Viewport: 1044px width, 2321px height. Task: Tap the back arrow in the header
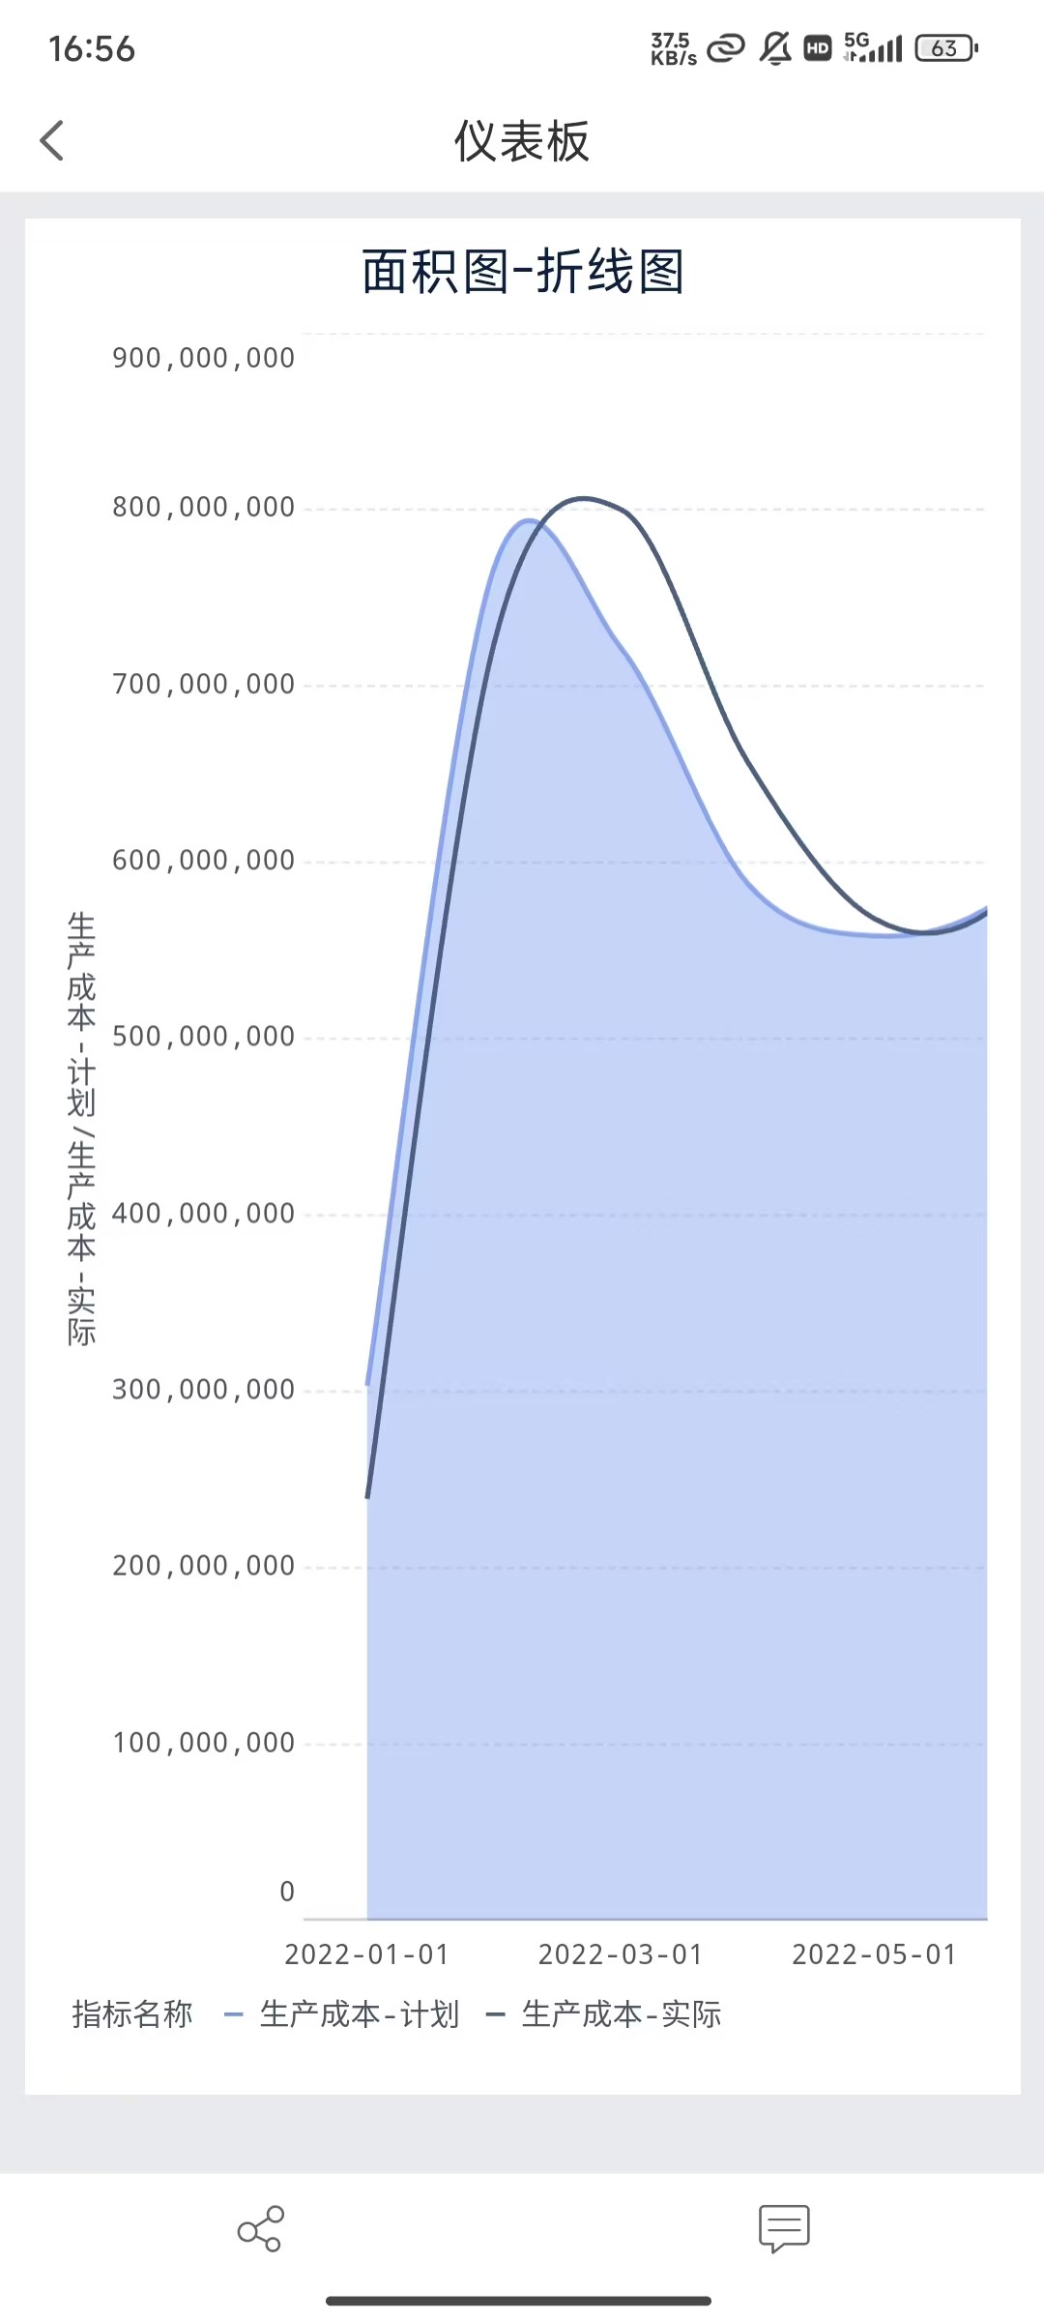tap(52, 141)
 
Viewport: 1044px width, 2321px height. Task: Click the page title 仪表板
tap(521, 142)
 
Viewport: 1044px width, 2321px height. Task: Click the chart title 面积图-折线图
tap(522, 272)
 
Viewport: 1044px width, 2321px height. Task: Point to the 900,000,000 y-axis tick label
tap(203, 359)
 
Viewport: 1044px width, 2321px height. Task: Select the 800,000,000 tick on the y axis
tap(203, 508)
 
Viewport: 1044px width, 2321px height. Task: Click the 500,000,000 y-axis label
tap(203, 1037)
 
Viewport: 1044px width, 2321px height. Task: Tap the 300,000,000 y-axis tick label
tap(203, 1390)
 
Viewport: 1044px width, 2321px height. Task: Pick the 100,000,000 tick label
tap(203, 1743)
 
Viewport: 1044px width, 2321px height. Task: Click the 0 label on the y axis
tap(286, 1892)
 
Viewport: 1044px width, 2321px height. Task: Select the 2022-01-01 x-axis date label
tap(367, 1954)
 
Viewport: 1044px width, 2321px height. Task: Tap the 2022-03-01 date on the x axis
tap(621, 1954)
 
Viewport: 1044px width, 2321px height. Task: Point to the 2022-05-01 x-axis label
tap(874, 1954)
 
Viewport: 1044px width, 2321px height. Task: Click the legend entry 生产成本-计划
tap(358, 2014)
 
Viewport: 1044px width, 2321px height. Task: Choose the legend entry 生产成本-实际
tap(621, 2014)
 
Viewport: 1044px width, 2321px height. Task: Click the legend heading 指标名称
tap(132, 2014)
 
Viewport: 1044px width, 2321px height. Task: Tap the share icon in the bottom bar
tap(260, 2229)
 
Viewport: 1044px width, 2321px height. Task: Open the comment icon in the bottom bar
tap(784, 2229)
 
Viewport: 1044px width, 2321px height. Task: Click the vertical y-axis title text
tap(82, 1128)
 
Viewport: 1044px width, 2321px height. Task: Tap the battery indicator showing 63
tap(946, 48)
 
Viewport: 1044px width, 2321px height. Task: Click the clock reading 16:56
tap(92, 49)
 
